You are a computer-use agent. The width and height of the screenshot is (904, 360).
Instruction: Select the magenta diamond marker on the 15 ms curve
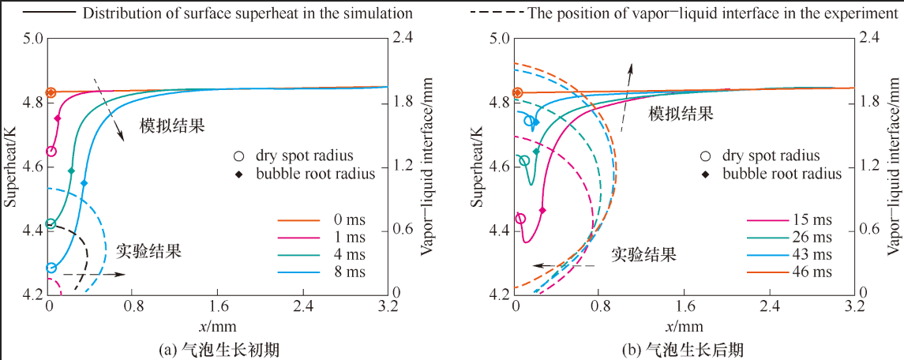pos(542,232)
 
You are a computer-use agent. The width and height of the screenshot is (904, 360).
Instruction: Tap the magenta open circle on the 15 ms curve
pos(520,219)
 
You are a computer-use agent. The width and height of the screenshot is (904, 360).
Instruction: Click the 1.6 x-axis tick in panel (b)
pos(684,306)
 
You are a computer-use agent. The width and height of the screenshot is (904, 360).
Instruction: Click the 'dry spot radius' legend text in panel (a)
pos(304,156)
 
